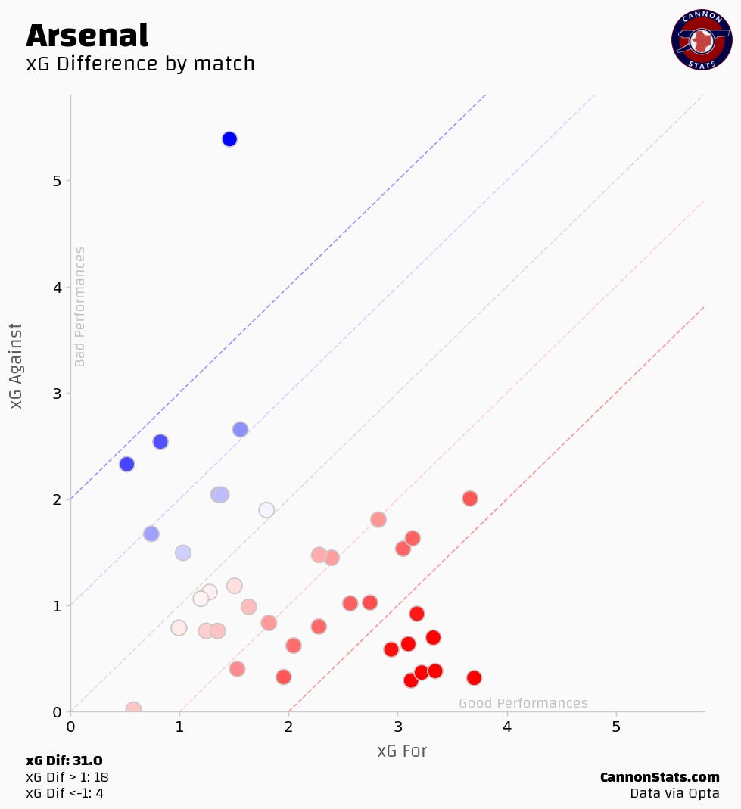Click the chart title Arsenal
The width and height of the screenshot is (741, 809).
pos(87,36)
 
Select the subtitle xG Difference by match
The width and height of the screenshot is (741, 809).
pos(140,64)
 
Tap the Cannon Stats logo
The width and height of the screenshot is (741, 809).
pos(701,40)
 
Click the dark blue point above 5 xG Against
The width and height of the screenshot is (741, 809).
pos(229,139)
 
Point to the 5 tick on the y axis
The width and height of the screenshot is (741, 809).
pos(57,181)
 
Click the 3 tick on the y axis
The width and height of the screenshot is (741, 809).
pos(57,394)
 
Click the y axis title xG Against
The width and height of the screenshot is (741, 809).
pos(17,366)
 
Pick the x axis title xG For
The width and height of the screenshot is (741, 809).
pos(402,751)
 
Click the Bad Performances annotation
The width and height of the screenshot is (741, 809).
pos(80,306)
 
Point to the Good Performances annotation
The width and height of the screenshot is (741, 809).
pos(523,703)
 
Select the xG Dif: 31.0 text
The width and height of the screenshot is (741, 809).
pos(64,761)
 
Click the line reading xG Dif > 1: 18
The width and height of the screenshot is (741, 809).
pos(67,777)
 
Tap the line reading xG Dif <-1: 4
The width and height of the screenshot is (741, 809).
pos(64,793)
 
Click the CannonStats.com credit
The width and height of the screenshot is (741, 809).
pos(659,777)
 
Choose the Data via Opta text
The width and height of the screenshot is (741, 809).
pos(674,793)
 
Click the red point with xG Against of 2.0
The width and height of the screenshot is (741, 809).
pos(469,499)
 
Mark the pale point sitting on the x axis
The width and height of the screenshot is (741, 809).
pos(133,709)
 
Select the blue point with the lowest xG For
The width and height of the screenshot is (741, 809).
pos(126,464)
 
